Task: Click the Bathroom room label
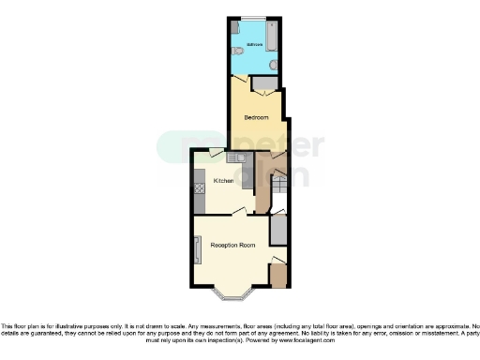(253, 44)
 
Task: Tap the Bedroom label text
(256, 117)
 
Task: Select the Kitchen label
(223, 181)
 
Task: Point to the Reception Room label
(232, 245)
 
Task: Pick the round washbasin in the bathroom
(271, 64)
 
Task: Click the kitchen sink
(240, 156)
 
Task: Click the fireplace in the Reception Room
(197, 249)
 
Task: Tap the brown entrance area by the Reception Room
(277, 276)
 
